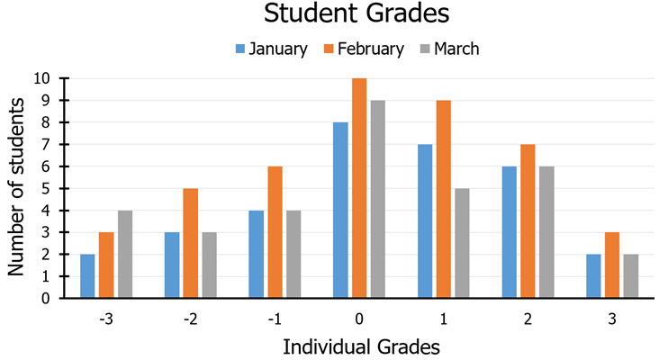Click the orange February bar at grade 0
pos(359,188)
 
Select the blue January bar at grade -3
pos(87,276)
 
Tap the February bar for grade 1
pos(444,199)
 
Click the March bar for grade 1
pos(463,243)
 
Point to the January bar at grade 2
pos(510,232)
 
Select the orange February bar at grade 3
pos(612,265)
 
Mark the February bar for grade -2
pos(190,243)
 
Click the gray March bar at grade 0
pos(378,199)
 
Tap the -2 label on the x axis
pos(190,318)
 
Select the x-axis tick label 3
pos(612,318)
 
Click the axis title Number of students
pos(16,188)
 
